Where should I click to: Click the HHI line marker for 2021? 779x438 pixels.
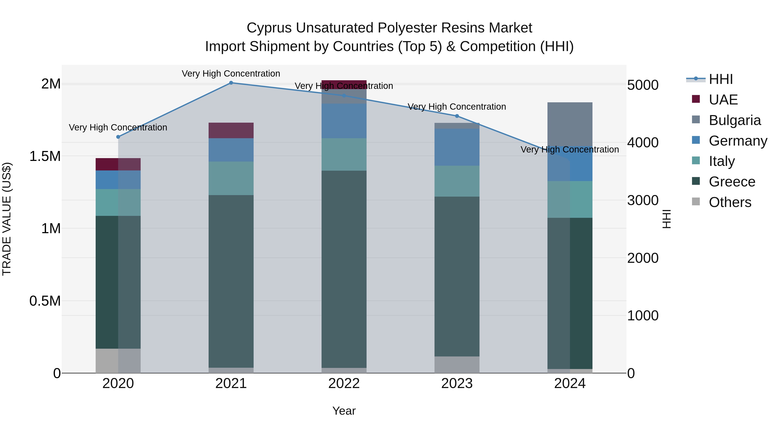(x=231, y=83)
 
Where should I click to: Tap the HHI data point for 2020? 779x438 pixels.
(x=118, y=137)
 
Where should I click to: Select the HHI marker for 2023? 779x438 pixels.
(x=457, y=116)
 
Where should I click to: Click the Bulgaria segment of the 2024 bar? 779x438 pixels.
(x=570, y=124)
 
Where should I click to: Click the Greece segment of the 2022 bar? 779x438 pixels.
(x=344, y=269)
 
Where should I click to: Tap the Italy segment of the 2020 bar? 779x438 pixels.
(x=118, y=202)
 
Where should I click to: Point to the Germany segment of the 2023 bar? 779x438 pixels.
(x=457, y=147)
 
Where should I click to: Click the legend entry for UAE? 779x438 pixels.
(x=723, y=100)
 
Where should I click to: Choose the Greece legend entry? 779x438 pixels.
(x=732, y=182)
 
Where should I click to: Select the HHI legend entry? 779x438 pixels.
(x=721, y=79)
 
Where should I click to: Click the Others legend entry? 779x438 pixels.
(x=730, y=202)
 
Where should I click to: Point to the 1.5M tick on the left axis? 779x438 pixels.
(x=45, y=156)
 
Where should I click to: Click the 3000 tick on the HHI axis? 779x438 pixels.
(x=643, y=201)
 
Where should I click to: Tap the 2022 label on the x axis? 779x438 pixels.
(x=344, y=383)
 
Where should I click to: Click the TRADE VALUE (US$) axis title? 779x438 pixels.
(x=7, y=219)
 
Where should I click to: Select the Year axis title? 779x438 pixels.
(x=344, y=411)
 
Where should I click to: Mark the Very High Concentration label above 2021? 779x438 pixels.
(x=231, y=74)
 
